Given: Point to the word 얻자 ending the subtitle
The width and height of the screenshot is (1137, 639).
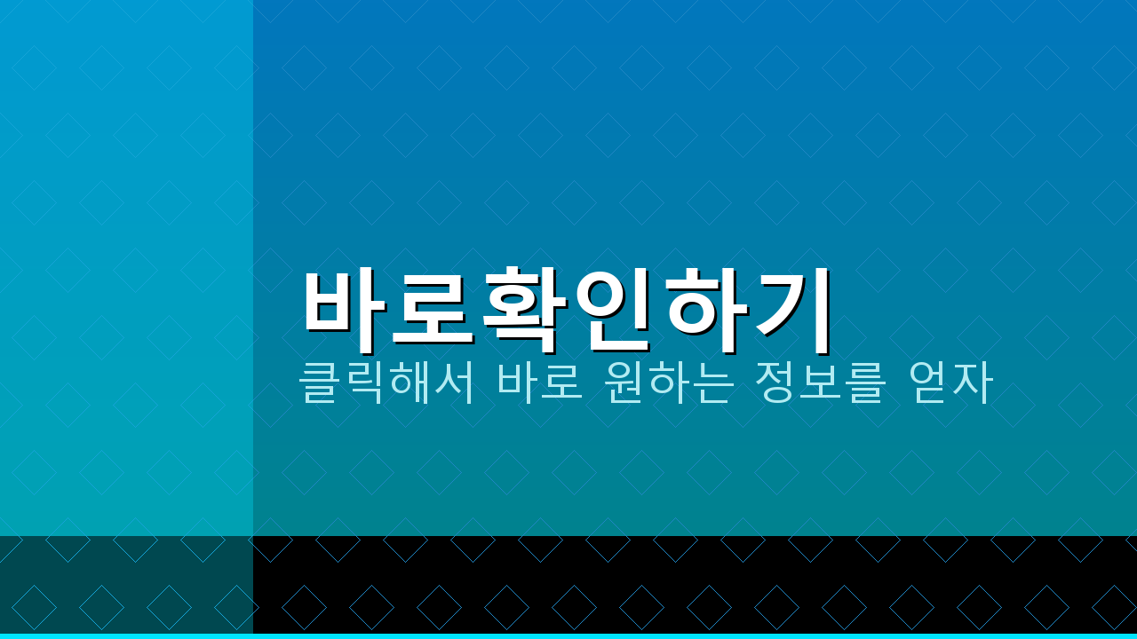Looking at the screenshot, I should (x=950, y=382).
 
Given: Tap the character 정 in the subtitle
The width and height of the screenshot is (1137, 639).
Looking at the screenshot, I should (x=775, y=382).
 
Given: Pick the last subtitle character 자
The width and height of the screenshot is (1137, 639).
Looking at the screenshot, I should (x=974, y=382).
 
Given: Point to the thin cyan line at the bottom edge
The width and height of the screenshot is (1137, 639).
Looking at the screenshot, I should (x=568, y=636).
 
